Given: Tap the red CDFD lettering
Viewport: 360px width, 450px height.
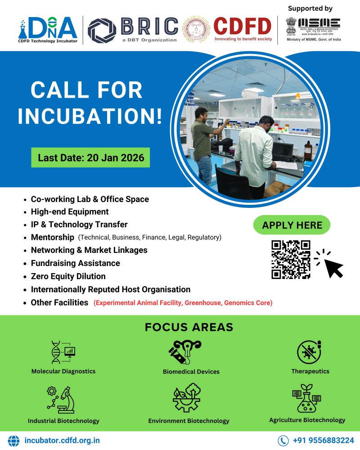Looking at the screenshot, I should pyautogui.click(x=243, y=26).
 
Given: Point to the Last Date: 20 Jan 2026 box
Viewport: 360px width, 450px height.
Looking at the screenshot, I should pyautogui.click(x=90, y=158).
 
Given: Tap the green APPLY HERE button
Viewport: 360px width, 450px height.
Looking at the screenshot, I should pyautogui.click(x=292, y=225).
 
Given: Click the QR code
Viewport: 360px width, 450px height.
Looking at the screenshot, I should pyautogui.click(x=291, y=260).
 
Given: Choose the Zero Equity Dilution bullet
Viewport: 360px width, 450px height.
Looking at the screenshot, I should pyautogui.click(x=68, y=276).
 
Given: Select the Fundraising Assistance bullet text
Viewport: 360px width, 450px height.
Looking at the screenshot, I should pyautogui.click(x=75, y=263).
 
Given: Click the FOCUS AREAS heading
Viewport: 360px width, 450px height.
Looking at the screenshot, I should pyautogui.click(x=189, y=327).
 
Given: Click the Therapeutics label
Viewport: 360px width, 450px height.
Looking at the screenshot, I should pyautogui.click(x=310, y=371).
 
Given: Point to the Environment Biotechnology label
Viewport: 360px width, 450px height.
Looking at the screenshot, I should pyautogui.click(x=189, y=421).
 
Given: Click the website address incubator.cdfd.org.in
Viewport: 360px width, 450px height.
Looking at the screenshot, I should pyautogui.click(x=62, y=441).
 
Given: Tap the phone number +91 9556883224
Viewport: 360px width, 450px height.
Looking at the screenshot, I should pyautogui.click(x=323, y=441).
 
